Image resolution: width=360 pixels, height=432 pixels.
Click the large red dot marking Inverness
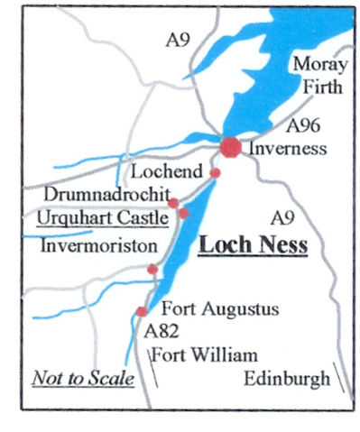[x=231, y=147]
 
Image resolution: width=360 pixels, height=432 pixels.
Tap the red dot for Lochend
[x=215, y=172]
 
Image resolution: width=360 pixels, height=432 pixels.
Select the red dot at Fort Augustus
[x=142, y=311]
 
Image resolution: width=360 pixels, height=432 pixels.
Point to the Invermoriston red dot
[x=152, y=269]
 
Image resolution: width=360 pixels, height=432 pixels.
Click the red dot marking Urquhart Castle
[x=184, y=213]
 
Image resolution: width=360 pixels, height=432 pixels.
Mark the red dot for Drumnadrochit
[x=173, y=203]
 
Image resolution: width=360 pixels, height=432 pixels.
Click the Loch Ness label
[x=254, y=244]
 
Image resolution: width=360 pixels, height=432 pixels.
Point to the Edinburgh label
[x=287, y=380]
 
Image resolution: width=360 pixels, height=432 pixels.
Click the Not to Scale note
[x=83, y=378]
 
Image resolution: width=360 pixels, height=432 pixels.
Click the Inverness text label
[x=285, y=149]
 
